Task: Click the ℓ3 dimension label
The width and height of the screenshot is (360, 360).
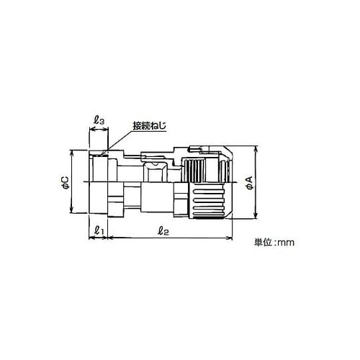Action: click(99, 120)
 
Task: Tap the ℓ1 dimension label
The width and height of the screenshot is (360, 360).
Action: click(99, 230)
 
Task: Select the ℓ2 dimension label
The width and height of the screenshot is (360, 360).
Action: click(163, 230)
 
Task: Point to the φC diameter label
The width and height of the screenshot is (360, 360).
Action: click(65, 182)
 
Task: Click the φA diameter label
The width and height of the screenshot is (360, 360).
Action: click(250, 182)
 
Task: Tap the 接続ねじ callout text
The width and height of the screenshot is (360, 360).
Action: click(150, 126)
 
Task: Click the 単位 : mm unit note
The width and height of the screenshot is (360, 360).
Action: click(274, 242)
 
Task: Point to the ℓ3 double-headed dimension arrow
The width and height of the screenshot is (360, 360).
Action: click(99, 130)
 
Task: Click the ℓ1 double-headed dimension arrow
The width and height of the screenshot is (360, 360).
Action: click(98, 238)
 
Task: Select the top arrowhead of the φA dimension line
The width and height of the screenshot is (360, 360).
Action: click(256, 148)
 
